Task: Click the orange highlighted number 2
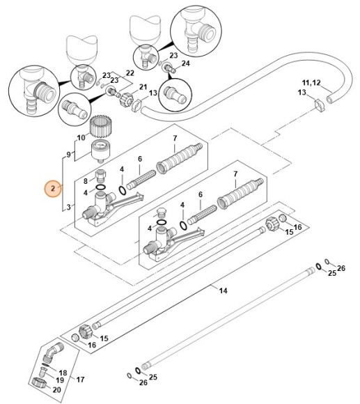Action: click(53, 188)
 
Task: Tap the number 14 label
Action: click(224, 290)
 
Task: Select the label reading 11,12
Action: click(311, 83)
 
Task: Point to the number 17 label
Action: click(80, 379)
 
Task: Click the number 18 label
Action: click(63, 373)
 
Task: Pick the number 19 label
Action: click(60, 380)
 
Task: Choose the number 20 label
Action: click(56, 389)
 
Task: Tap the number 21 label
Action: click(143, 87)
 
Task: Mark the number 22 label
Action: click(130, 73)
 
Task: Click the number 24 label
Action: click(186, 63)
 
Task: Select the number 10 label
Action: click(81, 138)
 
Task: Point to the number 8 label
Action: click(86, 181)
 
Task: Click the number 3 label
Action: click(68, 207)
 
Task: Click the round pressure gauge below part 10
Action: click(101, 153)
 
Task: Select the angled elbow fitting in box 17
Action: click(53, 352)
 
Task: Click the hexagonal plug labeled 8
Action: click(101, 176)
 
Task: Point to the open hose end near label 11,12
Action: click(329, 99)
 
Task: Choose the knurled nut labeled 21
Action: click(127, 100)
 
